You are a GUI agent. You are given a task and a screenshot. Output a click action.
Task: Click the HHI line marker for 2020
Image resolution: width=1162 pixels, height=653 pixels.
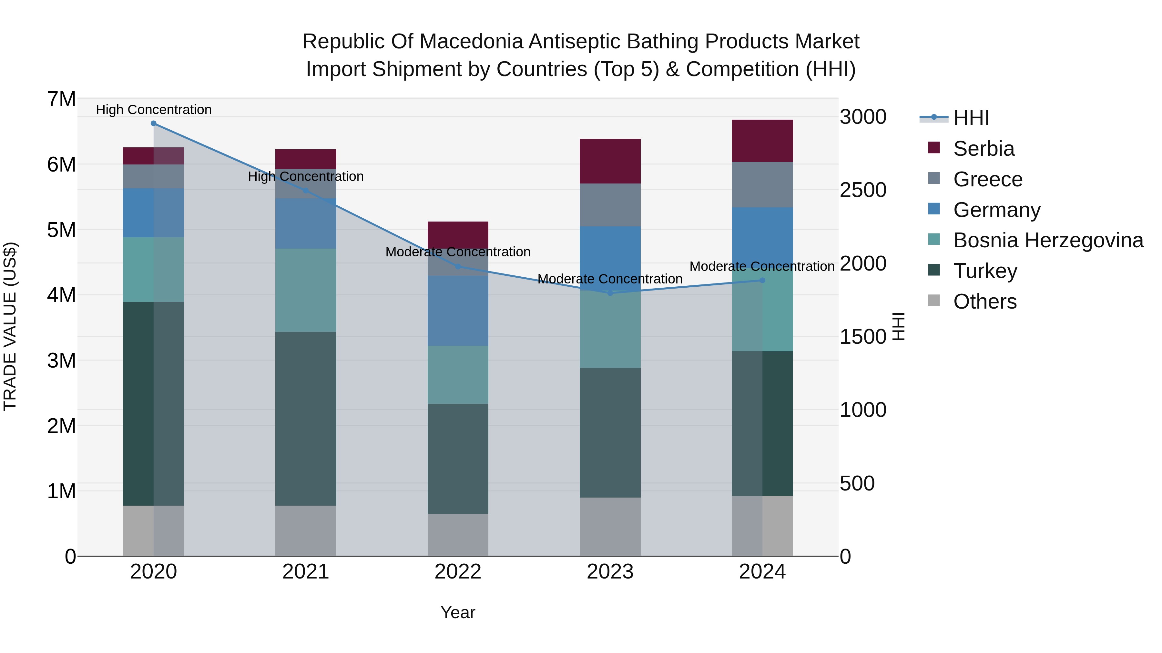point(153,124)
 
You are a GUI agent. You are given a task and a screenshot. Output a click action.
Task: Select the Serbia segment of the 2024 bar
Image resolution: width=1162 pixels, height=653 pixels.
point(762,141)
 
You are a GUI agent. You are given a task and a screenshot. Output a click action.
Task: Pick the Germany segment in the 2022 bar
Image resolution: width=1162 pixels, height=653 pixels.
point(458,311)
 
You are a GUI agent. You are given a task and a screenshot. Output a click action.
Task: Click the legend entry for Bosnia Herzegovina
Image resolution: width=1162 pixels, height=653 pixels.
point(1048,240)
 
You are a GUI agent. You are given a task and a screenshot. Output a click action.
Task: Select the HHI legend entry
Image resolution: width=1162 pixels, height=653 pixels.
point(971,118)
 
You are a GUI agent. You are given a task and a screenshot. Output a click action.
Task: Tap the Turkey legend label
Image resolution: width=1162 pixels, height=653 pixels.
point(985,271)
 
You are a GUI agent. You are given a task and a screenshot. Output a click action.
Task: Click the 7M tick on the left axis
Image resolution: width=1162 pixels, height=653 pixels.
point(61,99)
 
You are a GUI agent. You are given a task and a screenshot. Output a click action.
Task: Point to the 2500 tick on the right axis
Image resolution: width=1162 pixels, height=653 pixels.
point(863,190)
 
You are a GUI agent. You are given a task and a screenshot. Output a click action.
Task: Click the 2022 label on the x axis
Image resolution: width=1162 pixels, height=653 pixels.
point(458,572)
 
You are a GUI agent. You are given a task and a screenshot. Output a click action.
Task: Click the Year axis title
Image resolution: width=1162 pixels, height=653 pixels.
point(458,612)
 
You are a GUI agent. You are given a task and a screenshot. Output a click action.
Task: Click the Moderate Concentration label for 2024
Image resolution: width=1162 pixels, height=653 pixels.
point(762,266)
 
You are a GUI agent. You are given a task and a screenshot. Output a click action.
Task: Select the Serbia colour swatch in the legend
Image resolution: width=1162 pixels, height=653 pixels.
point(934,148)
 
